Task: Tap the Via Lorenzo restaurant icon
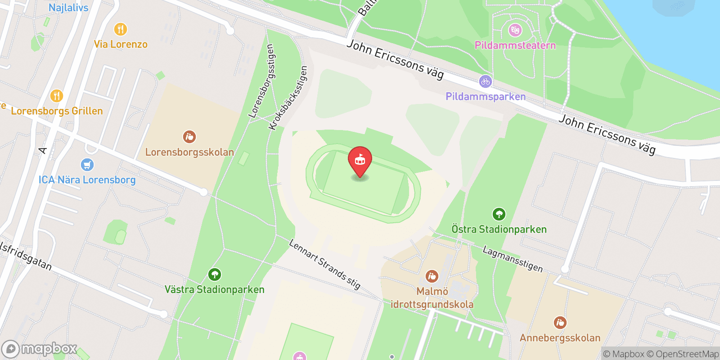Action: pos(120,29)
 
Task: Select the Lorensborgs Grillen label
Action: pos(57,111)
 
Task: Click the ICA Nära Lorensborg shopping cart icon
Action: pos(87,165)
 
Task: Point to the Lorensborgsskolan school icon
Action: pos(189,136)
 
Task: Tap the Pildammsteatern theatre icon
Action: pos(515,30)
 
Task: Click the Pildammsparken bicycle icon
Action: pos(485,81)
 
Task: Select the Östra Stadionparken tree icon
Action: pos(499,214)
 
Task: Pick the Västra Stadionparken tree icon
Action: pos(214,274)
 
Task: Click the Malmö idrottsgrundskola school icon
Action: pos(432,276)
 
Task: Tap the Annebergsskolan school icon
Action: pos(560,323)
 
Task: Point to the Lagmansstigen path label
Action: pos(513,259)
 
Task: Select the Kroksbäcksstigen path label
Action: pos(288,98)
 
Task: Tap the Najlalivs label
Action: pos(68,8)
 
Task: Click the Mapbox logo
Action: pos(40,349)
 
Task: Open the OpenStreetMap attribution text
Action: pos(683,354)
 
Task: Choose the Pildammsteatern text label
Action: pos(515,45)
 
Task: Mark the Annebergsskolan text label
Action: pos(560,338)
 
